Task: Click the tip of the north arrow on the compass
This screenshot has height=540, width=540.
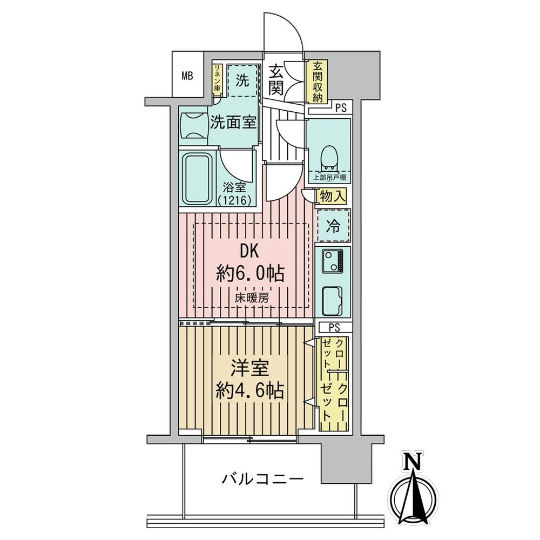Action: [413, 473]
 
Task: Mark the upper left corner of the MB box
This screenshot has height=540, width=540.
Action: [172, 52]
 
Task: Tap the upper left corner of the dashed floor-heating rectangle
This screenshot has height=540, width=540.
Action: [194, 223]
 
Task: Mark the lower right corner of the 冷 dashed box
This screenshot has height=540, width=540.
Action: [350, 241]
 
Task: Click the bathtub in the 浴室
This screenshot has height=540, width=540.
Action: [197, 179]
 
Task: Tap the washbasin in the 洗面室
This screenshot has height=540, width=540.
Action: [193, 126]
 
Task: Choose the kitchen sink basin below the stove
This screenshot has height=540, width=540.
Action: [333, 301]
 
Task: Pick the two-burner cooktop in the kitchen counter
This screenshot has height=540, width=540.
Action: [333, 261]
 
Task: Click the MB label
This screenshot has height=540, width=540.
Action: [187, 76]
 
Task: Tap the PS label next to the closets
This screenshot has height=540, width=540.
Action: [334, 327]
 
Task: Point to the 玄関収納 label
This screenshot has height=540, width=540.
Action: [317, 82]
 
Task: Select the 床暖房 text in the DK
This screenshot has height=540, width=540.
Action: [252, 298]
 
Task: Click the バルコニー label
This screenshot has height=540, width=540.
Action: [262, 478]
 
